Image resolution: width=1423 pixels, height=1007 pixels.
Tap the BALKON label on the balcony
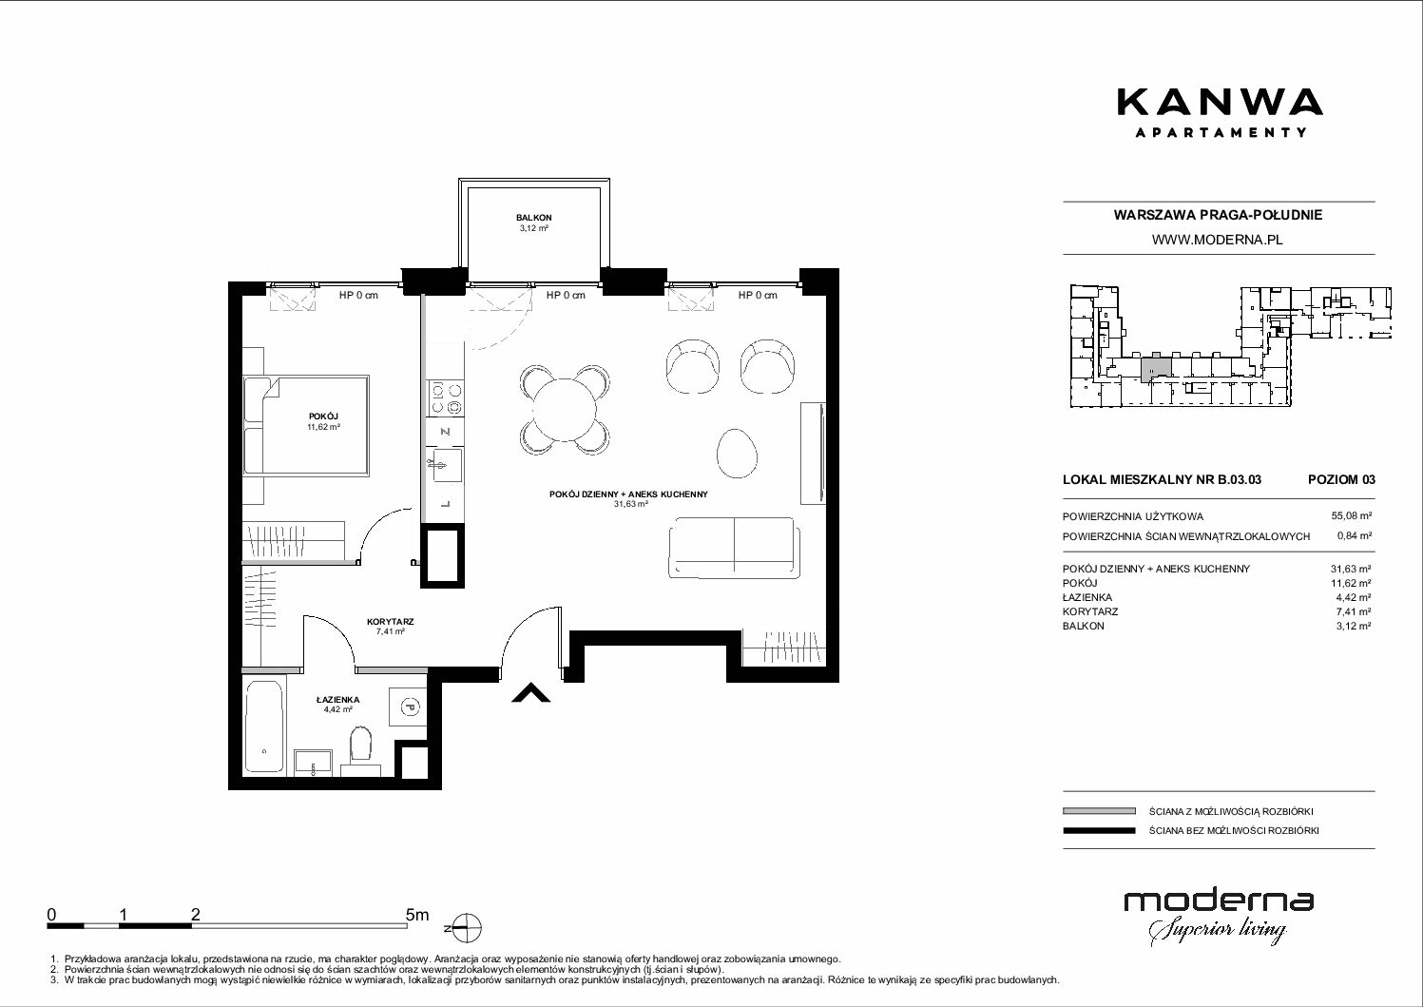tap(533, 218)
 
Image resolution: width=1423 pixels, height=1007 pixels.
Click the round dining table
tap(564, 410)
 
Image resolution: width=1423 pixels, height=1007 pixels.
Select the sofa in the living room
tap(734, 547)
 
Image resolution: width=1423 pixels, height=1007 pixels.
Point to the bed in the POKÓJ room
tap(305, 425)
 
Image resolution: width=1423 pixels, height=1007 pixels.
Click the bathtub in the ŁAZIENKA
tap(263, 726)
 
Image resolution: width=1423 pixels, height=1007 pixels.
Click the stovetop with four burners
tap(446, 398)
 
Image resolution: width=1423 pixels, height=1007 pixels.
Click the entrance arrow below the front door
tap(531, 693)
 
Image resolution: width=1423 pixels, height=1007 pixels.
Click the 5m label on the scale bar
tap(417, 914)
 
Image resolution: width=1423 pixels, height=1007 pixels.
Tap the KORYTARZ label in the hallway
tap(390, 621)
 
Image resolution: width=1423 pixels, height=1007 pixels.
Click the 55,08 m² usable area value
tap(1352, 516)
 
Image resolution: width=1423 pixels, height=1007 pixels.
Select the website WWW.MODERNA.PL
tap(1219, 240)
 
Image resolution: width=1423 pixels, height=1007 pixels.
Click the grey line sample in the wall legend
tap(1099, 811)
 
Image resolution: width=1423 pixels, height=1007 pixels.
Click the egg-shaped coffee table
tap(737, 453)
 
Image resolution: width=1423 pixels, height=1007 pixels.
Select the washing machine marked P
tap(407, 706)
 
